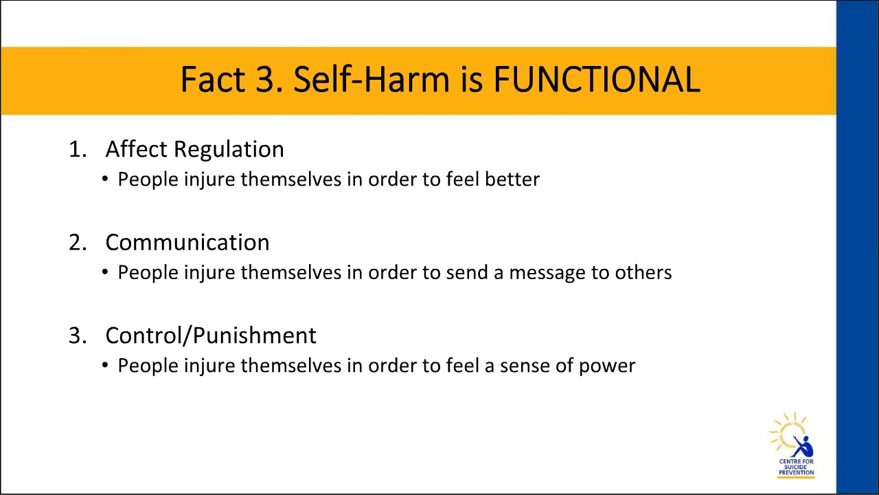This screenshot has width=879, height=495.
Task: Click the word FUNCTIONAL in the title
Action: pos(597,80)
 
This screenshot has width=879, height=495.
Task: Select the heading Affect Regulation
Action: pos(194,149)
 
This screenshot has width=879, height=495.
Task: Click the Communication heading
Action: pos(187,242)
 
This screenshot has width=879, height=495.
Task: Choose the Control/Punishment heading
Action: pos(210,335)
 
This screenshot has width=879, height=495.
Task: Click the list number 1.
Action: pos(76,150)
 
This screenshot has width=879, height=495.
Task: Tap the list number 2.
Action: pos(76,243)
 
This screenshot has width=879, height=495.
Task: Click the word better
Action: pos(512,179)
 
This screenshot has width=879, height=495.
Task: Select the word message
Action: pos(547,273)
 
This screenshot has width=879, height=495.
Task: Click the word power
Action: pos(607,366)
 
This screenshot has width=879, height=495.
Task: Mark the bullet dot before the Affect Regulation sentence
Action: pos(105,179)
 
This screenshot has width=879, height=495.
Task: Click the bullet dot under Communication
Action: pos(105,272)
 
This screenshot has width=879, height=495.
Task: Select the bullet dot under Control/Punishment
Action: pos(105,365)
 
